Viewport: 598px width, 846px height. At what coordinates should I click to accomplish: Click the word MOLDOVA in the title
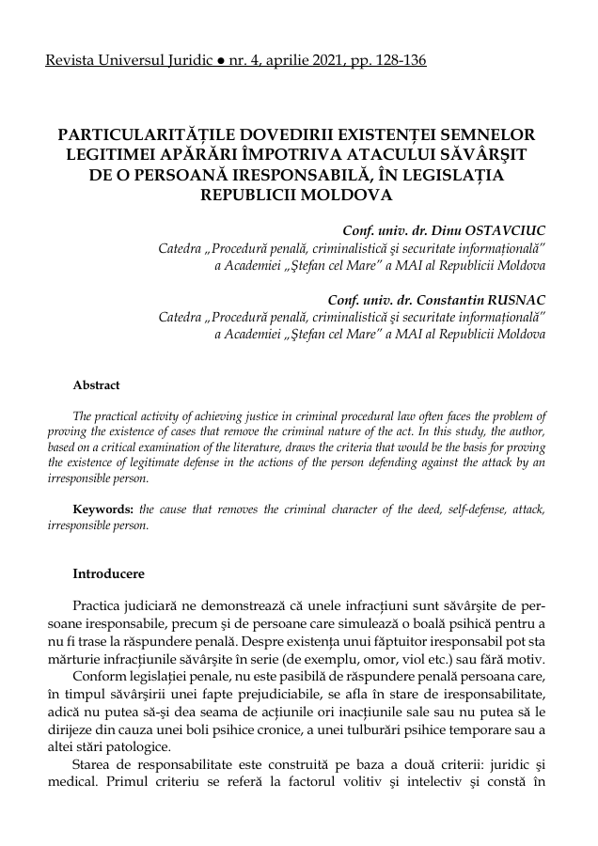coord(348,196)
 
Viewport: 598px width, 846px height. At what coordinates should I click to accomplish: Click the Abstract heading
coord(96,384)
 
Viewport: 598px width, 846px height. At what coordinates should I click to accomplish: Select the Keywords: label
coord(104,509)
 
